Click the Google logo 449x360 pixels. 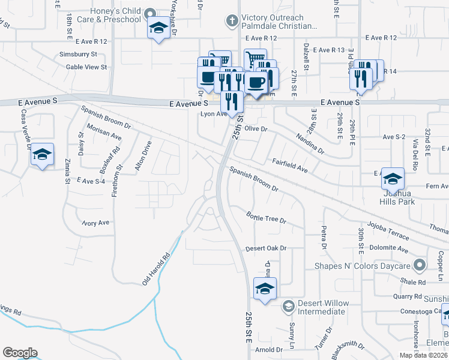click(x=20, y=353)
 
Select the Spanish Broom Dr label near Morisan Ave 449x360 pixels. click(x=107, y=117)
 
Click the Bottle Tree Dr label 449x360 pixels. click(x=267, y=217)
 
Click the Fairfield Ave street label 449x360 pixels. click(x=290, y=166)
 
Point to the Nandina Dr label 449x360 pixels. click(x=310, y=144)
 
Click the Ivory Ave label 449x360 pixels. click(x=96, y=223)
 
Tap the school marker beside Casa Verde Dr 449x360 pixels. click(x=42, y=155)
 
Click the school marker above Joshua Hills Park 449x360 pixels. click(x=393, y=178)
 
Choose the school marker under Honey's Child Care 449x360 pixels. click(x=158, y=28)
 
